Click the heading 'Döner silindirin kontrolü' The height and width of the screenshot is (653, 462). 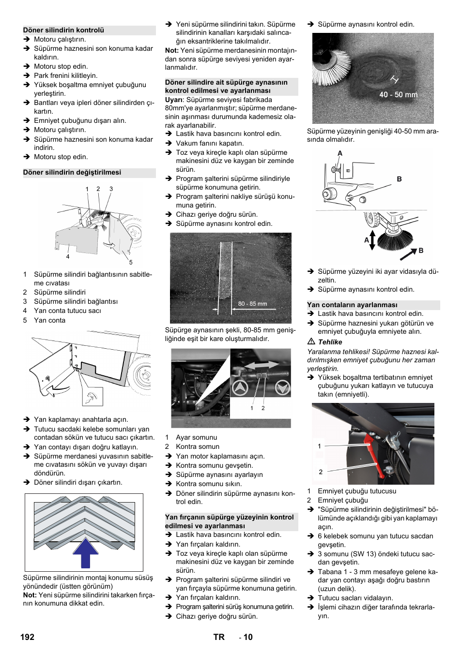point(63,30)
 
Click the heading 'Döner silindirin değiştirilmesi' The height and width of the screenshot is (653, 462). point(72,172)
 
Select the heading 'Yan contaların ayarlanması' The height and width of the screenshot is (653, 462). point(352,305)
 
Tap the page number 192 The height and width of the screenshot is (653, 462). point(28,637)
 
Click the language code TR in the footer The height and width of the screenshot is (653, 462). point(219,637)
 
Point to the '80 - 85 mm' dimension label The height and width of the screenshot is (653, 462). point(252,304)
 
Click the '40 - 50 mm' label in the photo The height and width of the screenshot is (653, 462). point(398,95)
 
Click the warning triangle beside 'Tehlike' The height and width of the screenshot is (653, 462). point(311,342)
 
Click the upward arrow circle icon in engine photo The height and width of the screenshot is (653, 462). point(240,387)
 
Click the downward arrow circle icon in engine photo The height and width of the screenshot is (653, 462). point(282,387)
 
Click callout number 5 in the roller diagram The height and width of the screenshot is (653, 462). point(131,262)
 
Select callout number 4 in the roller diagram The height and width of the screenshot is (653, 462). point(68,256)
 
